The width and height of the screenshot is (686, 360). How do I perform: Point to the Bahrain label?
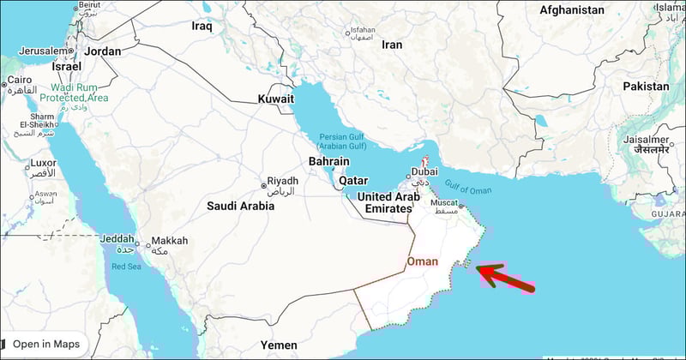(329, 161)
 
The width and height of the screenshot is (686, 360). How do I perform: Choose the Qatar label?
(353, 181)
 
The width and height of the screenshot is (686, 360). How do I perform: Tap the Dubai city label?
(424, 171)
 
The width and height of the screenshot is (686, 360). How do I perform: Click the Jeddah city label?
(117, 238)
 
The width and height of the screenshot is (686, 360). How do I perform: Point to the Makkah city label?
(169, 242)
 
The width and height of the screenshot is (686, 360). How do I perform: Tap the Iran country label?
(392, 45)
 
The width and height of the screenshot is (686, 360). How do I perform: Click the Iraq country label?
(202, 27)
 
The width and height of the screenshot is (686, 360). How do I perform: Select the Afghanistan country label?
(572, 10)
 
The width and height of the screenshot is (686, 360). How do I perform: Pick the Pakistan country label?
(646, 87)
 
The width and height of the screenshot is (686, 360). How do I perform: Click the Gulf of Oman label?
(467, 189)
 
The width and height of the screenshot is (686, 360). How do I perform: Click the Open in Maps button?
(45, 344)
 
